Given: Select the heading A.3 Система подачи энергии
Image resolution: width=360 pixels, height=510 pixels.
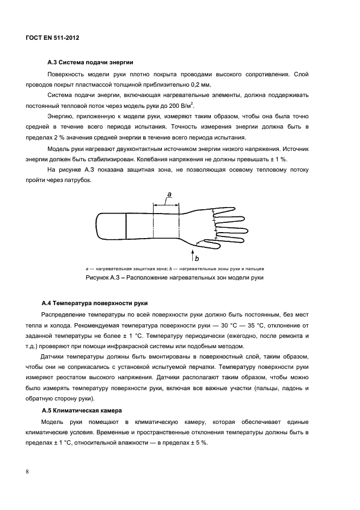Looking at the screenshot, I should [88, 62].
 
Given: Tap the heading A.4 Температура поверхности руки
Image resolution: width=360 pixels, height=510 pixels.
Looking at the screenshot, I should [95, 303].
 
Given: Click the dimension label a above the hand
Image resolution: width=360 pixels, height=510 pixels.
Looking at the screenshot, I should [169, 195].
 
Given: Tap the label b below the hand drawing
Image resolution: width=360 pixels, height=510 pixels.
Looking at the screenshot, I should [197, 259].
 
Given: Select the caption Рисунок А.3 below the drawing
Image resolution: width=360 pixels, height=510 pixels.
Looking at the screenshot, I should [174, 278].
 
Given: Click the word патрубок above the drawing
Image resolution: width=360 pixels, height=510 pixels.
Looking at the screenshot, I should [79, 180].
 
